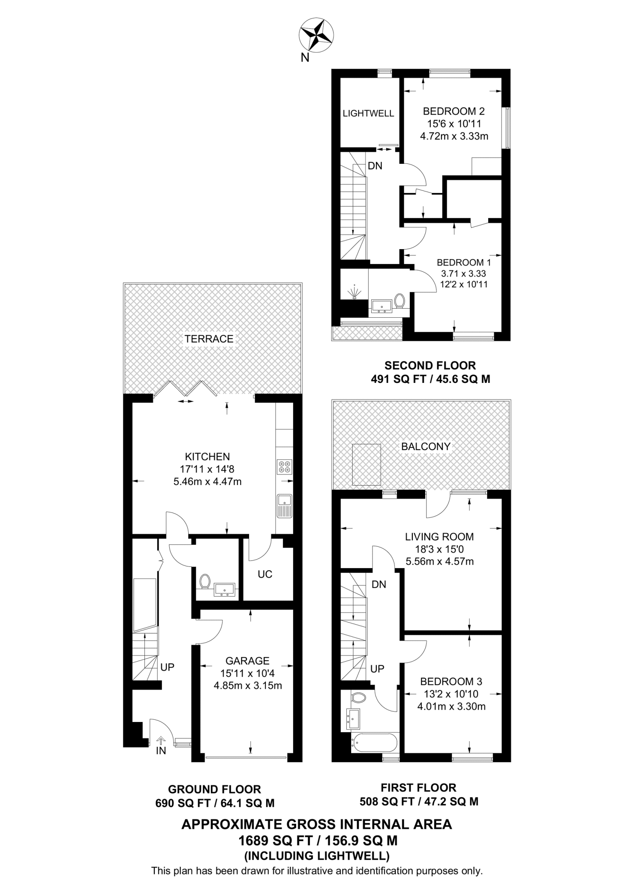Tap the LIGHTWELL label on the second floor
[x=368, y=114]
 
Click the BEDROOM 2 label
[x=454, y=111]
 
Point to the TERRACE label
[x=209, y=339]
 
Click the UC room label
[x=265, y=574]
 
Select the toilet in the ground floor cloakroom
[x=204, y=582]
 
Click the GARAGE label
[x=247, y=661]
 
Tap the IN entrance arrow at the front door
[x=161, y=741]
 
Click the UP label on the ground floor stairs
[x=167, y=667]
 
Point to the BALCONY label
[x=426, y=446]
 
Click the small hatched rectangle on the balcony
[x=367, y=464]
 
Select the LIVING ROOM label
[x=439, y=536]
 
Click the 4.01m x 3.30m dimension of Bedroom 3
[x=451, y=707]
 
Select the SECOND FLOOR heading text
[x=430, y=366]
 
